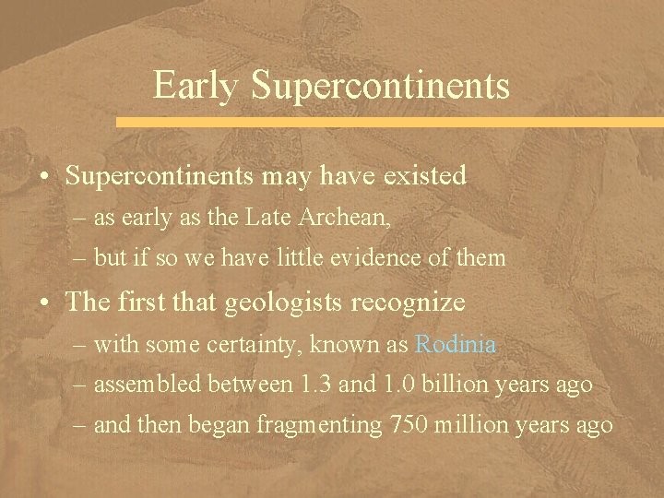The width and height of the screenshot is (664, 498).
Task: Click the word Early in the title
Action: coord(196,85)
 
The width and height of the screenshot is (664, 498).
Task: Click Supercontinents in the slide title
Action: coord(380,86)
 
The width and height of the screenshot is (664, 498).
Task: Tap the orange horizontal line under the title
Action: coord(387,122)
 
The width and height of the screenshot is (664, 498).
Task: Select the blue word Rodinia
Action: coord(456,345)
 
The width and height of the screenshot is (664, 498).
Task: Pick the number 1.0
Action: coord(397,385)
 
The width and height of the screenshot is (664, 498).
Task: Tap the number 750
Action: coord(410,424)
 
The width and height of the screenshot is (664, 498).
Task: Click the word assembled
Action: coord(150,385)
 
